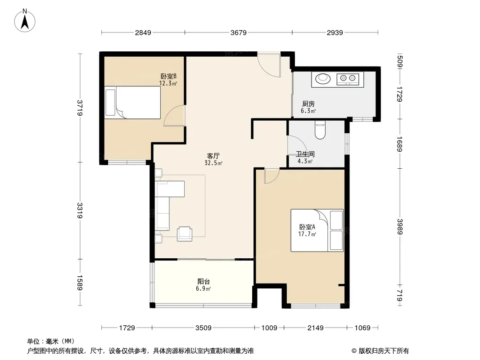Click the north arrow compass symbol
click(x=25, y=21)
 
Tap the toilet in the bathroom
click(x=320, y=130)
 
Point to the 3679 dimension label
click(x=239, y=32)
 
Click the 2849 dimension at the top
click(x=143, y=32)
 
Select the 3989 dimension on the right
click(x=399, y=227)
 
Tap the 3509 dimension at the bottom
click(x=203, y=328)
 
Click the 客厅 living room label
click(x=213, y=156)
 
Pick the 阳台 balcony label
click(x=204, y=281)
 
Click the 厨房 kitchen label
click(x=308, y=104)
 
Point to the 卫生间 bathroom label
click(x=305, y=154)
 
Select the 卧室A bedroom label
click(x=307, y=227)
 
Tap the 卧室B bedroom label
click(x=168, y=76)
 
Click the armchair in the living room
click(x=185, y=234)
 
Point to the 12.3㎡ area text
click(x=168, y=83)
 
